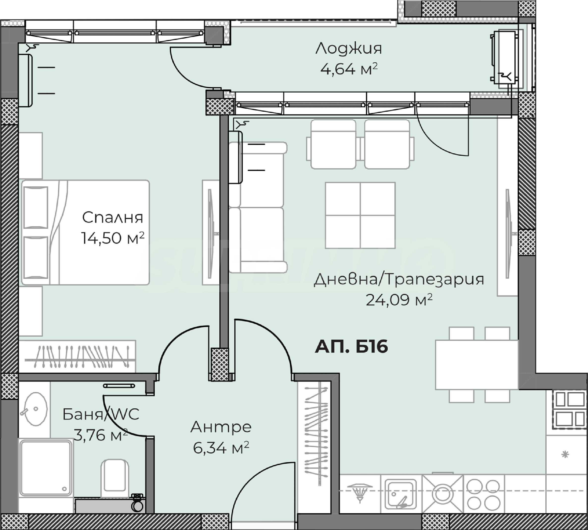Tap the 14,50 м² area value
113,238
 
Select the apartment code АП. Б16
351,347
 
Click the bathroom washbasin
35,409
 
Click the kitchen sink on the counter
401,494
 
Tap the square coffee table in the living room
360,215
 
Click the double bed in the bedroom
85,232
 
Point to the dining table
477,365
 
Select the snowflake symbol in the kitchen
565,454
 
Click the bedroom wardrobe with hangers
77,356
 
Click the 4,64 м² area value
349,69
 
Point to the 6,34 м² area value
221,448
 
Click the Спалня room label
112,217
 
